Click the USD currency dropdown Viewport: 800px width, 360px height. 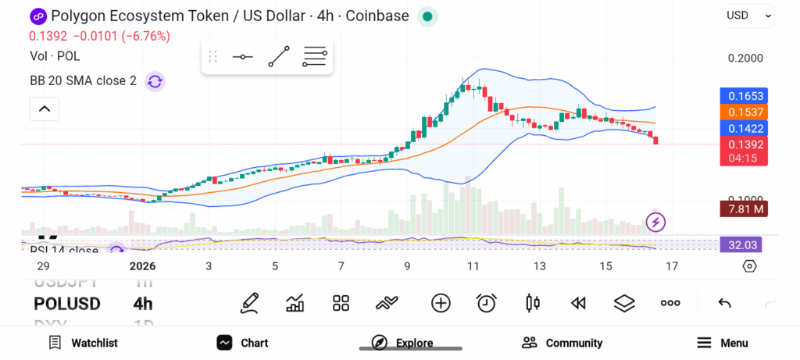click(748, 15)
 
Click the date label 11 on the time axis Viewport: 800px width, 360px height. click(473, 266)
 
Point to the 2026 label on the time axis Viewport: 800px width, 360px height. click(143, 266)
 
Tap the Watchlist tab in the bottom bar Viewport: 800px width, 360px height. click(83, 343)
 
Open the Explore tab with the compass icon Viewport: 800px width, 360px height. click(403, 343)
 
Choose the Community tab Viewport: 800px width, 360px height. click(562, 343)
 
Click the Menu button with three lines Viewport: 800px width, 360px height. click(723, 343)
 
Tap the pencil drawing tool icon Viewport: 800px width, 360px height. click(250, 303)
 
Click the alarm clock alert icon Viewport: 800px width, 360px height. click(487, 303)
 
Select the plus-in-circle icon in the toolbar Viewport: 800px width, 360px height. click(441, 303)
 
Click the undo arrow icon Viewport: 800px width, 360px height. click(724, 303)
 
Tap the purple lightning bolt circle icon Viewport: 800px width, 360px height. click(657, 222)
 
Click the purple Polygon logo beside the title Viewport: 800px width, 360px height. click(37, 16)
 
